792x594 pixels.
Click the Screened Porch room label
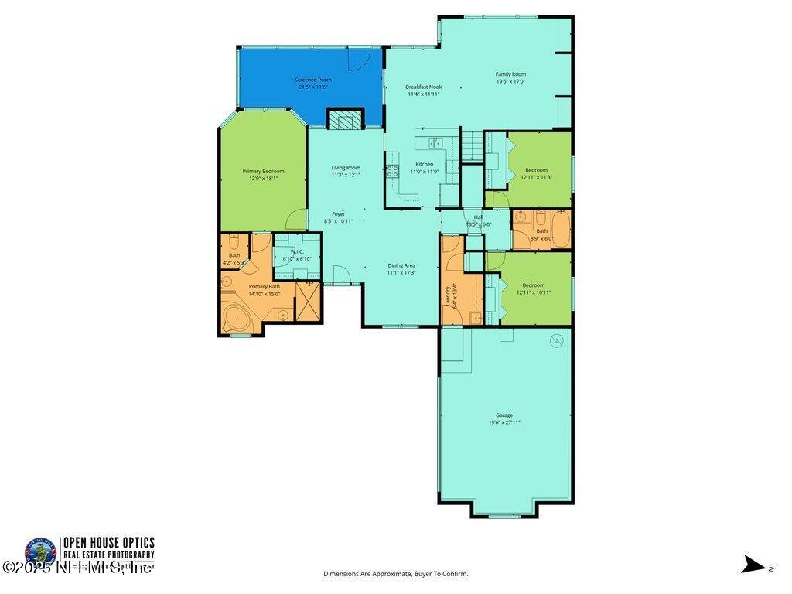tap(313, 80)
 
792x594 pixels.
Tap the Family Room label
tap(510, 74)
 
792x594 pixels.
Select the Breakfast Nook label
tap(423, 87)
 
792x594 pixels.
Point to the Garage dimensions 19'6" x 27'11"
tap(504, 422)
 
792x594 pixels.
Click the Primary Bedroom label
tap(263, 171)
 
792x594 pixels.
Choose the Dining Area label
tap(401, 265)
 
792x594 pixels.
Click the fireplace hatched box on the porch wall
tap(344, 119)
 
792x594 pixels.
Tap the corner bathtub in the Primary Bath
tap(235, 317)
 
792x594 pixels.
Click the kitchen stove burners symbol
tap(392, 172)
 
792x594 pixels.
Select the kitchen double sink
tap(435, 142)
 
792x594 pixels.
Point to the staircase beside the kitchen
tap(471, 146)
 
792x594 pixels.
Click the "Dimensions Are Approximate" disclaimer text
tap(395, 574)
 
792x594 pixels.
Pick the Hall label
tap(479, 217)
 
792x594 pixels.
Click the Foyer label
tap(338, 213)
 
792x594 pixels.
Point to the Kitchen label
tap(425, 164)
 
